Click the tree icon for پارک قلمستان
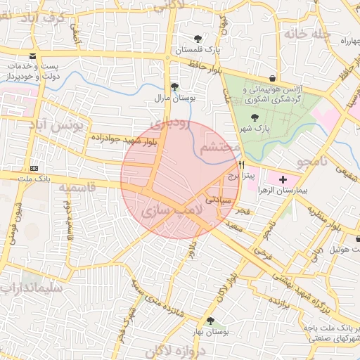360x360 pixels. (197, 39)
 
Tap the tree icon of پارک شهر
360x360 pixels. (254, 118)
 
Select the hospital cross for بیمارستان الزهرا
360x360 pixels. (283, 181)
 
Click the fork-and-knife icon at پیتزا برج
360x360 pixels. (242, 164)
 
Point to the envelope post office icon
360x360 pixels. (32, 56)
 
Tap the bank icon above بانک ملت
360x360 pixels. (34, 169)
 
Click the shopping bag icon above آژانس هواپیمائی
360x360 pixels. (272, 78)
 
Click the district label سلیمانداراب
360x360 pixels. (31, 288)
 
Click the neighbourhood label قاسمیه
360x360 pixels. (76, 188)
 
